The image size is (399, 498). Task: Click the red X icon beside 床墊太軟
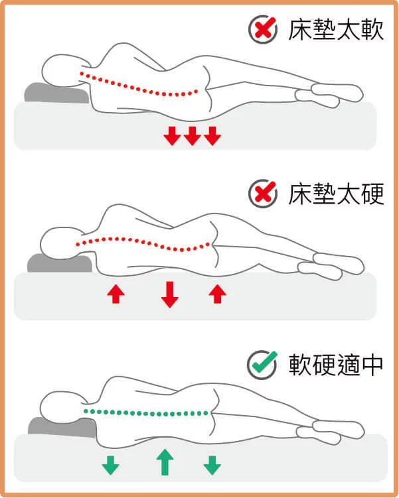(262, 29)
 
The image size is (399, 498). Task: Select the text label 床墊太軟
(336, 30)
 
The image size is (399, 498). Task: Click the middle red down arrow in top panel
(192, 136)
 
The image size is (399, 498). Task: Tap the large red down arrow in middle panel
(170, 294)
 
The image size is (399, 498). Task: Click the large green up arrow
(164, 462)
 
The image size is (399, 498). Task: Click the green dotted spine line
(146, 413)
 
